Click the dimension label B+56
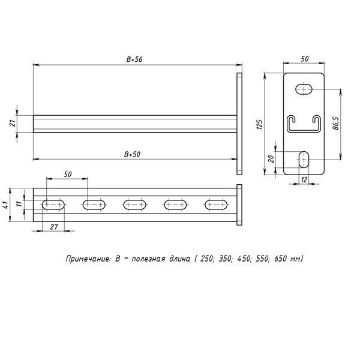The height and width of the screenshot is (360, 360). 134,59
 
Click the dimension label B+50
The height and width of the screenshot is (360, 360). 132,154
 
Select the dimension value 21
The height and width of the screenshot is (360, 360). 14,123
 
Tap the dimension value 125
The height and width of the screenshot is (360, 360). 259,125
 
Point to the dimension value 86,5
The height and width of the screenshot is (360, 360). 336,124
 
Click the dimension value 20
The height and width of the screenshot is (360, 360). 271,159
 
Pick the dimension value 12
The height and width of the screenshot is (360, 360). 304,179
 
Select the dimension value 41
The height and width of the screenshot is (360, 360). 6,205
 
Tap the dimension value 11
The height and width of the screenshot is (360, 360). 19,203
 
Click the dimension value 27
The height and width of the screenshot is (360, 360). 54,227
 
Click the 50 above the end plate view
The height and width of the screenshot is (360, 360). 305,59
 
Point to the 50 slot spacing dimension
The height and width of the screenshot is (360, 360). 67,174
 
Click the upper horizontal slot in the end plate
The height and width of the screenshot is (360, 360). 304,89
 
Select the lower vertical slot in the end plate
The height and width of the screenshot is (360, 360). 304,160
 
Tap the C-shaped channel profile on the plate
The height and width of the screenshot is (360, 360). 304,124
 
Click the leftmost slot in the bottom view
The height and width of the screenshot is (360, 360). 53,205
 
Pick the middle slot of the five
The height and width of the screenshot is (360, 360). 135,205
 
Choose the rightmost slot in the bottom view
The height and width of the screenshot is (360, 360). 216,205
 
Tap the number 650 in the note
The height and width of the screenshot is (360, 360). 281,259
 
